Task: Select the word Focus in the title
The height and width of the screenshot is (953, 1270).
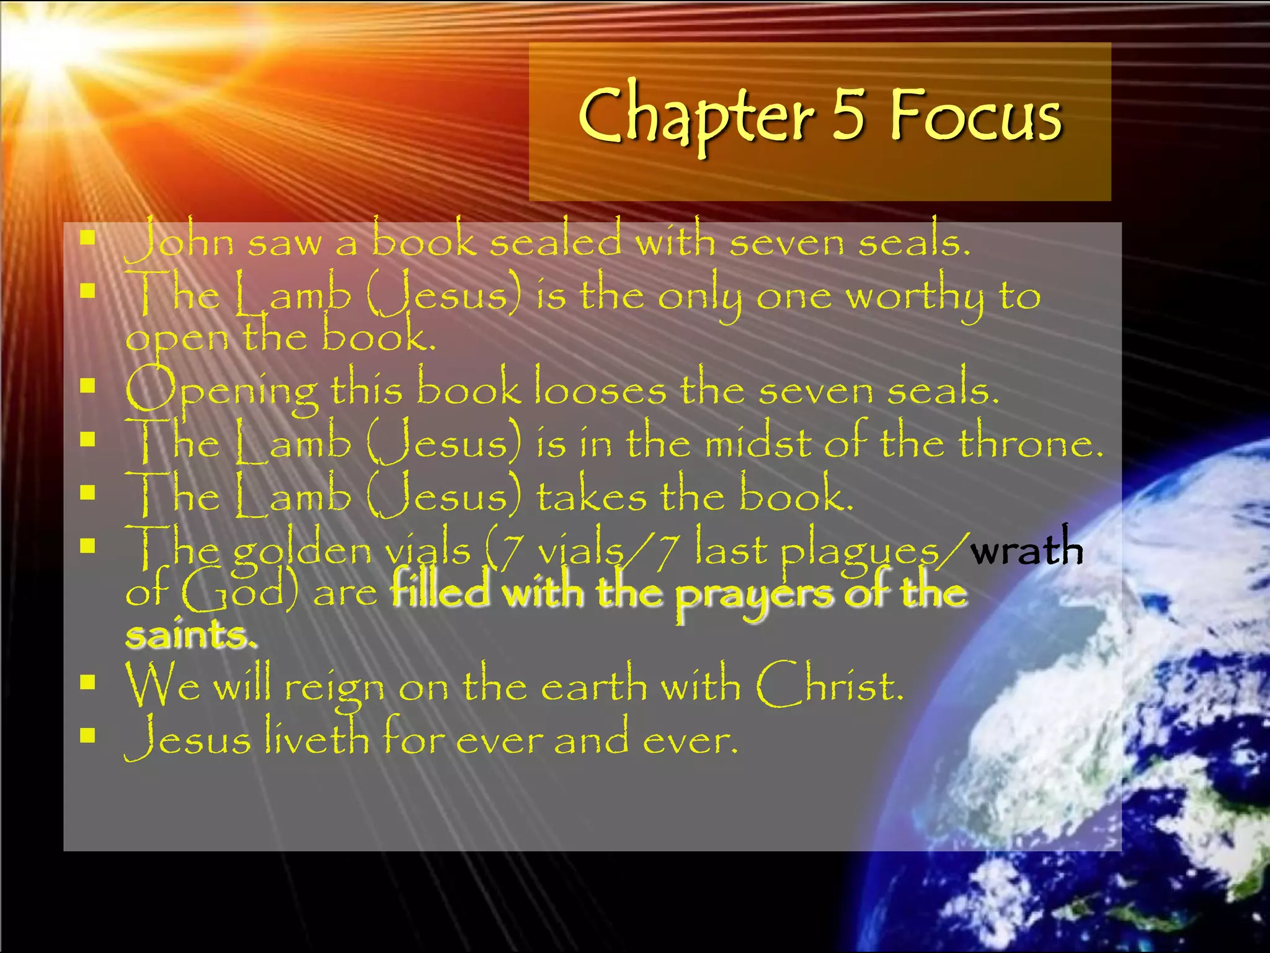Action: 976,114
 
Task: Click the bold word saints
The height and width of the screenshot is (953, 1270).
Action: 190,634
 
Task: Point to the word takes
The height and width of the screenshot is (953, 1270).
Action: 591,496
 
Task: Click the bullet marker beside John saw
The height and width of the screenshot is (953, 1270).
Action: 87,238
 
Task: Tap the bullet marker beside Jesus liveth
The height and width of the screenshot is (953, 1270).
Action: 87,735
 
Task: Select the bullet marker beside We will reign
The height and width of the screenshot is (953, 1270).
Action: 87,682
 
